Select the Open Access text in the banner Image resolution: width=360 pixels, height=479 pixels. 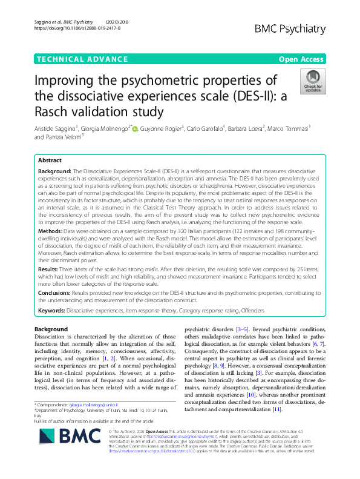pyautogui.click(x=301, y=59)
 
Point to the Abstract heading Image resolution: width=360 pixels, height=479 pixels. pyautogui.click(x=50, y=161)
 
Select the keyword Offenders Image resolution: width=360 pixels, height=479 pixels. pyautogui.click(x=249, y=310)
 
